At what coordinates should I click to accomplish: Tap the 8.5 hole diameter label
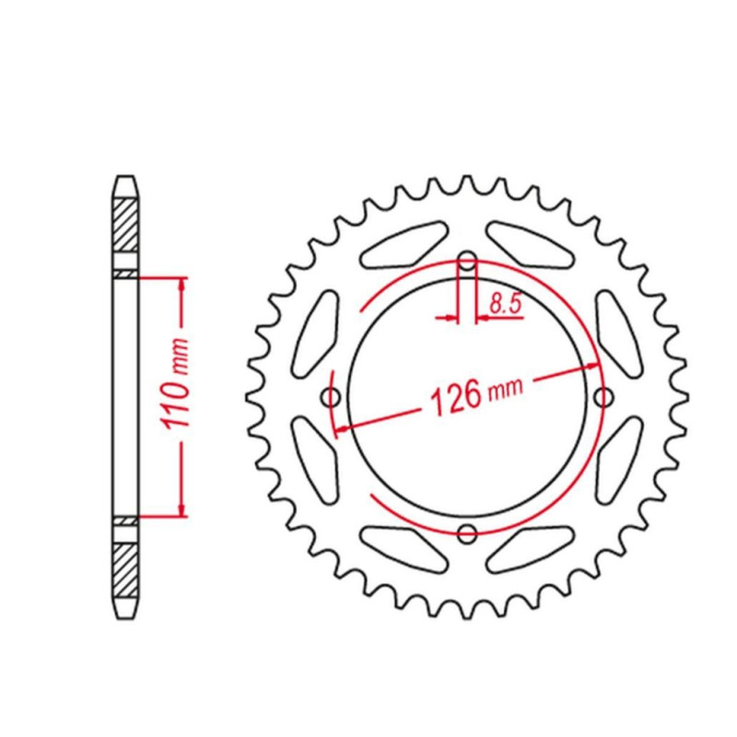505,304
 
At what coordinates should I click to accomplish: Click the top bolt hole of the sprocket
467,261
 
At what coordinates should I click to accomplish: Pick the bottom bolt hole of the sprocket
467,533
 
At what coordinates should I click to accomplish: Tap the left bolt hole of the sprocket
331,397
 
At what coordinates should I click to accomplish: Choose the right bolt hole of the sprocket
603,397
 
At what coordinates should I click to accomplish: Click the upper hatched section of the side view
126,225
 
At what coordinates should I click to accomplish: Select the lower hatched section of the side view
126,570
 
